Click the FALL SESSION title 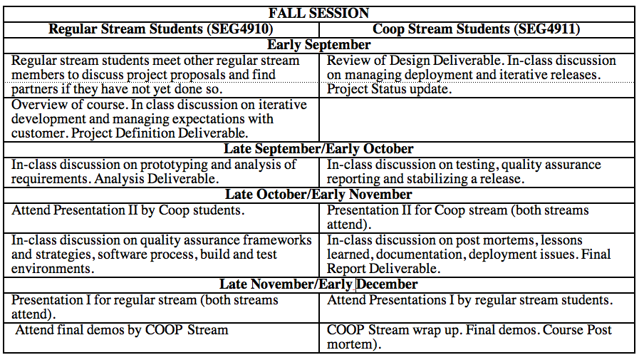pos(318,14)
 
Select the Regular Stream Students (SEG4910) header pos(160,29)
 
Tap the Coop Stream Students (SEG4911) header pos(477,29)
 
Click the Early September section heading pos(318,45)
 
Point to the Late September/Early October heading pos(318,149)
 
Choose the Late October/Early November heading pos(318,195)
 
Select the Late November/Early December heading pos(318,284)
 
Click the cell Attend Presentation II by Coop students pos(128,210)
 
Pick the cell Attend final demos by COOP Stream pos(122,330)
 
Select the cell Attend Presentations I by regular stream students pos(470,300)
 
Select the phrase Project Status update pos(389,89)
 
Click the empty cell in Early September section pos(477,120)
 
